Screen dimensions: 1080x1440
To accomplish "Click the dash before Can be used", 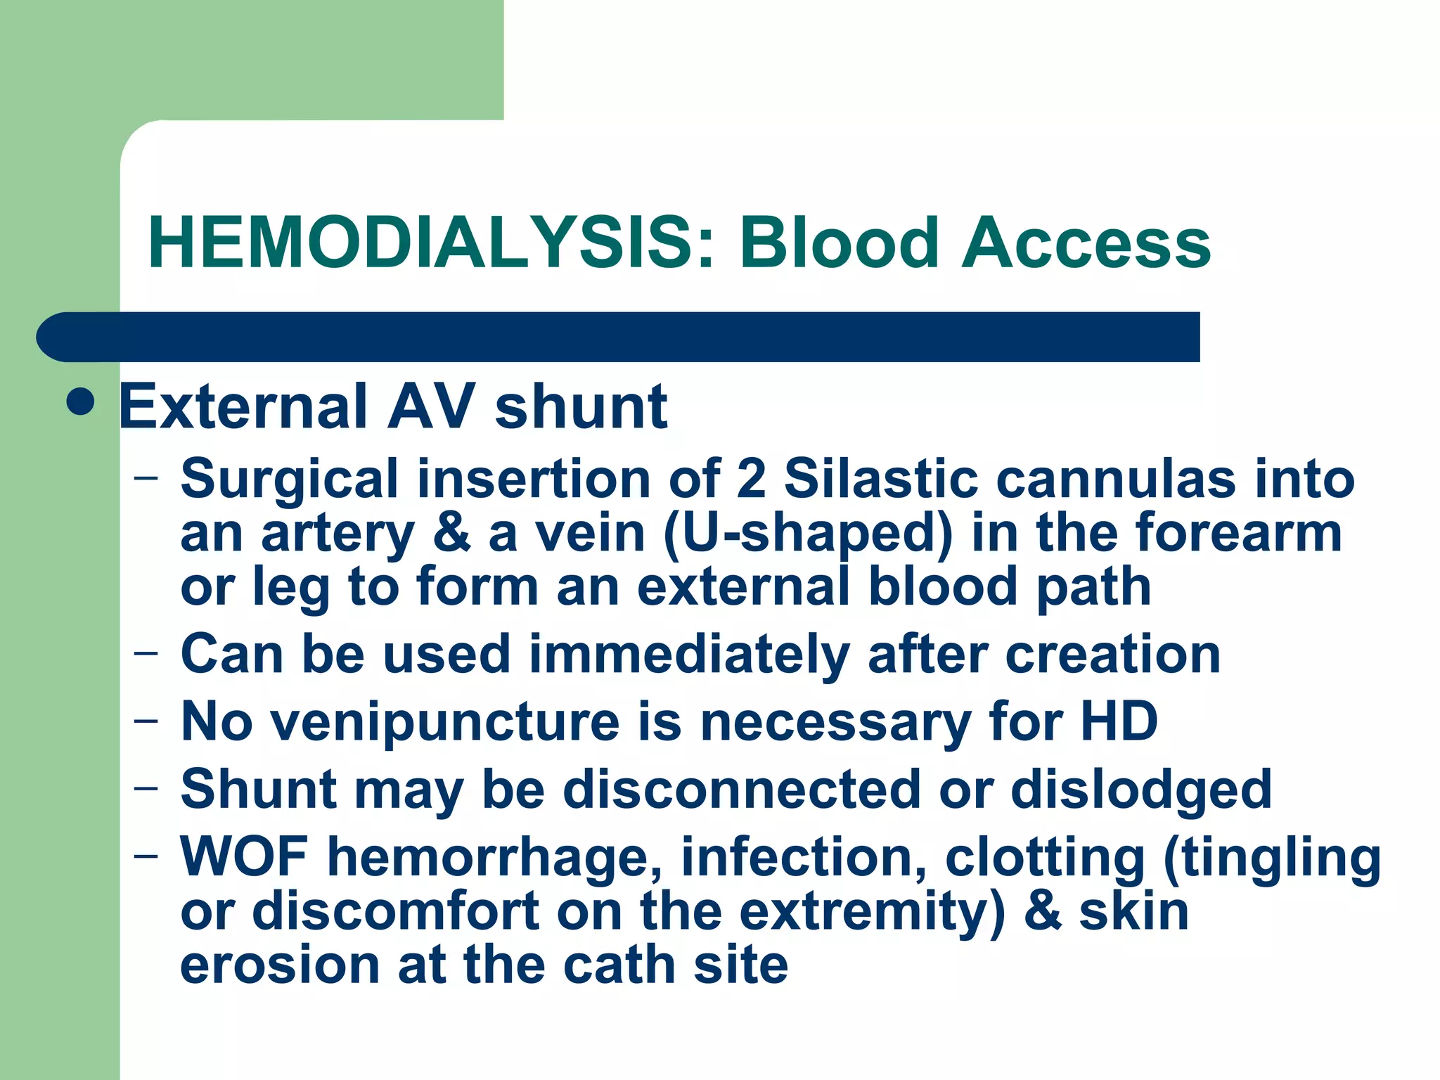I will [146, 653].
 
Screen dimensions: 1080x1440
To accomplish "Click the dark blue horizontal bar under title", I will [619, 337].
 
